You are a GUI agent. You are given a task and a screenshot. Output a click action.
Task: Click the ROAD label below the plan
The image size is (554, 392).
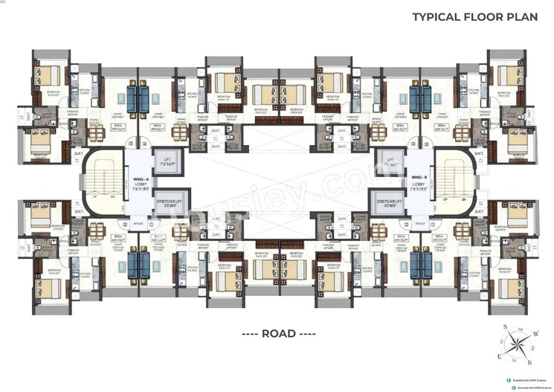[x=277, y=333]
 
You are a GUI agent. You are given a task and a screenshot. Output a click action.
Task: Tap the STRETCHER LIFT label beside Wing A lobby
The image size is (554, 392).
[x=170, y=202]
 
